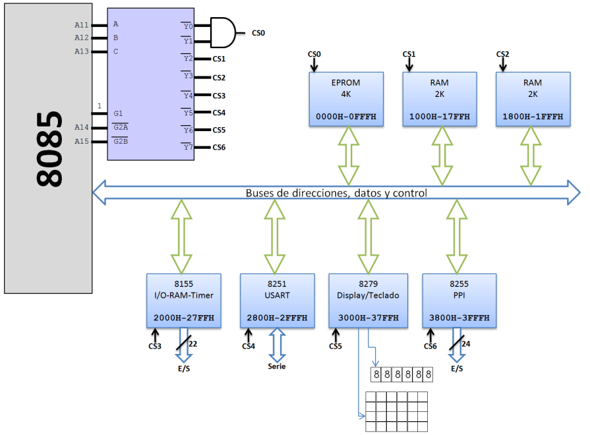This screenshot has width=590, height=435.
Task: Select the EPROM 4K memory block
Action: point(346,99)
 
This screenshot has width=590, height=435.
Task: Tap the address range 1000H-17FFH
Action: point(439,116)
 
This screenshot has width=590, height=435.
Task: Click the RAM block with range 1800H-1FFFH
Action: point(532,99)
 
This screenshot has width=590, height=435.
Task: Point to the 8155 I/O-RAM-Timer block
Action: point(184,300)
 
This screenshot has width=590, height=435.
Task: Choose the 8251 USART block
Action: point(277,300)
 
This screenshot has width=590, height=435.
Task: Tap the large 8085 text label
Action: point(49,148)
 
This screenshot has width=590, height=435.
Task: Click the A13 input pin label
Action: point(81,51)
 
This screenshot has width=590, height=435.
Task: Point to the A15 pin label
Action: point(81,141)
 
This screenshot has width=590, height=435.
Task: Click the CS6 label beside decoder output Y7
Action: point(219,147)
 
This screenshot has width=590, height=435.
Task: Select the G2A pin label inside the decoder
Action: point(121,127)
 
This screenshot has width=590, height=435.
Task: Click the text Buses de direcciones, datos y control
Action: point(336,193)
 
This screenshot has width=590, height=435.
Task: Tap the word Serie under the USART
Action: point(277,366)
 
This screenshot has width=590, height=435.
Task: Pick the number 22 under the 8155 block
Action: point(193,343)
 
